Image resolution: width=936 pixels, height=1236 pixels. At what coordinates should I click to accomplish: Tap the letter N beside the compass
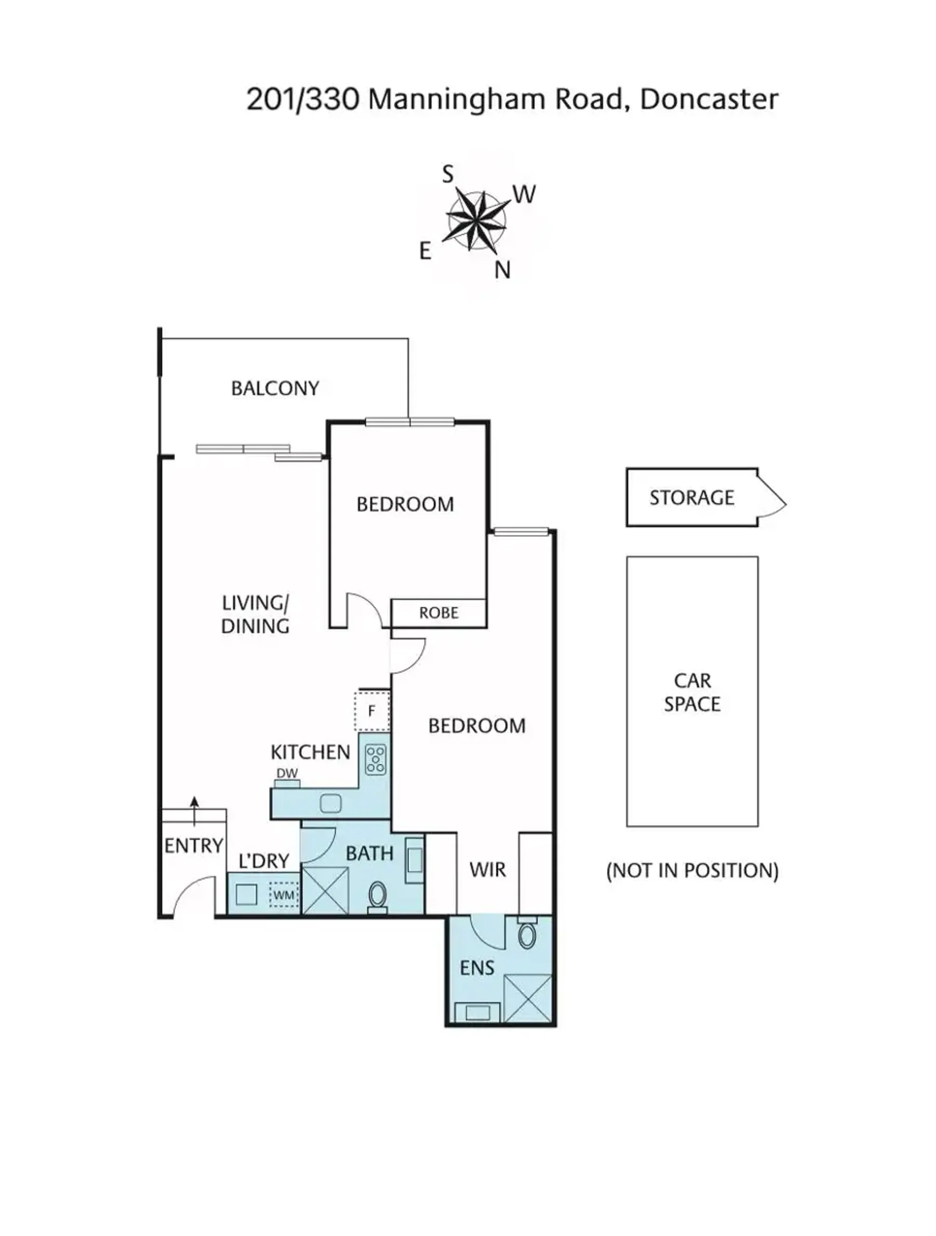coord(502,270)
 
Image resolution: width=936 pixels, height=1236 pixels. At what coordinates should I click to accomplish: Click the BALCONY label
coord(275,388)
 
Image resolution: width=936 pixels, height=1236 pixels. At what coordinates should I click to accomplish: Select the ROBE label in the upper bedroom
coord(439,613)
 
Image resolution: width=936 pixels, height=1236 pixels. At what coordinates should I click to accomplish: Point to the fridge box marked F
coord(371,711)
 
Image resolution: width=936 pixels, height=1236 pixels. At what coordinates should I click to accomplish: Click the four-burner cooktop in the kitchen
coord(375,760)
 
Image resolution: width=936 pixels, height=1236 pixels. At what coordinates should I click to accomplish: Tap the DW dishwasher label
coord(287,773)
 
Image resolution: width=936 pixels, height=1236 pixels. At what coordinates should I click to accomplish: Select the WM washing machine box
coord(284,895)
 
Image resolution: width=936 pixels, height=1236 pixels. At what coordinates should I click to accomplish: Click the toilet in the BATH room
coord(378,897)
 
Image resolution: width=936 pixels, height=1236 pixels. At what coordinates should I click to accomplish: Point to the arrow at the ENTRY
coord(195,811)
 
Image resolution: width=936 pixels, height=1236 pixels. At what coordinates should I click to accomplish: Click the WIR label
coord(488,869)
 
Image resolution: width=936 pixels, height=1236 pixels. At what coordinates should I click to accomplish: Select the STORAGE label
coord(692,497)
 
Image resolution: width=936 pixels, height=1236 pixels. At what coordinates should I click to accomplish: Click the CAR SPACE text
coord(692,692)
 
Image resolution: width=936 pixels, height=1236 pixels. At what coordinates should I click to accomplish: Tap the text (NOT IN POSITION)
coord(692,870)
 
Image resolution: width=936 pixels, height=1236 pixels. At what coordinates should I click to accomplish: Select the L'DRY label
coord(264,861)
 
